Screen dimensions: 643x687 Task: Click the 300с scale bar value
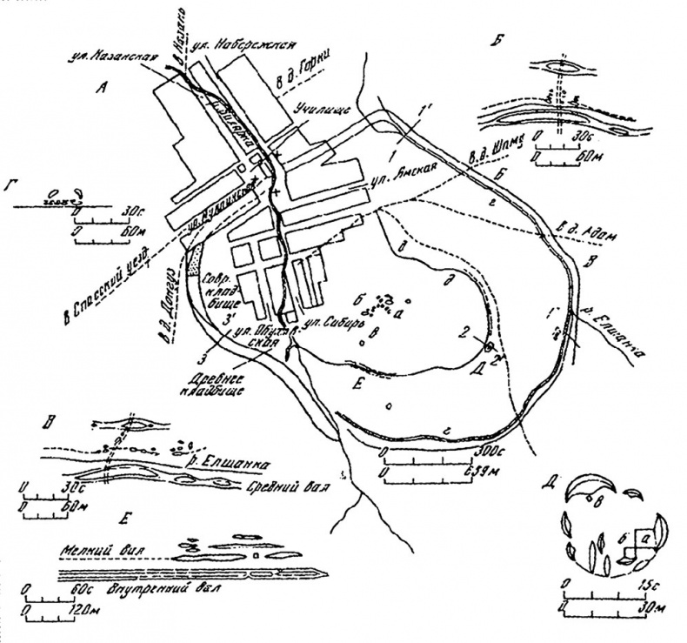point(488,452)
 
